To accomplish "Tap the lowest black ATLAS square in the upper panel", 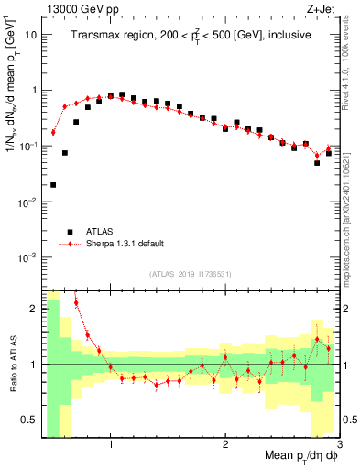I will pos(53,185).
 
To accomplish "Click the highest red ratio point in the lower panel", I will pos(76,302).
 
